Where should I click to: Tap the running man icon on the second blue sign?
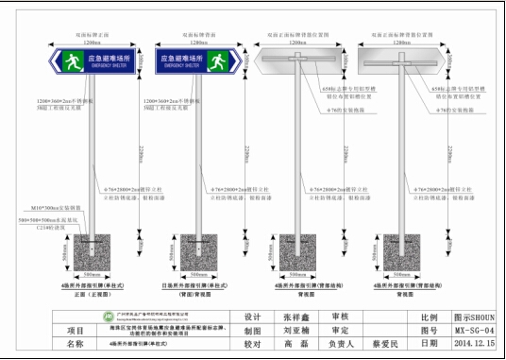(x=219, y=61)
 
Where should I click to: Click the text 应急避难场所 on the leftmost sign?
(x=112, y=59)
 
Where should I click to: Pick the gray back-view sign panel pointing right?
(x=403, y=61)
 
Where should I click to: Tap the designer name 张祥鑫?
(x=295, y=317)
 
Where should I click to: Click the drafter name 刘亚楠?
(x=295, y=331)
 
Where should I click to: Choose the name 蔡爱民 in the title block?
(x=387, y=345)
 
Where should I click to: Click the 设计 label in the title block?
(x=252, y=317)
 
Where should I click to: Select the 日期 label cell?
(x=428, y=345)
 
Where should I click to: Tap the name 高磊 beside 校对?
(x=295, y=345)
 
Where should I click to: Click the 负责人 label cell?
(x=341, y=345)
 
